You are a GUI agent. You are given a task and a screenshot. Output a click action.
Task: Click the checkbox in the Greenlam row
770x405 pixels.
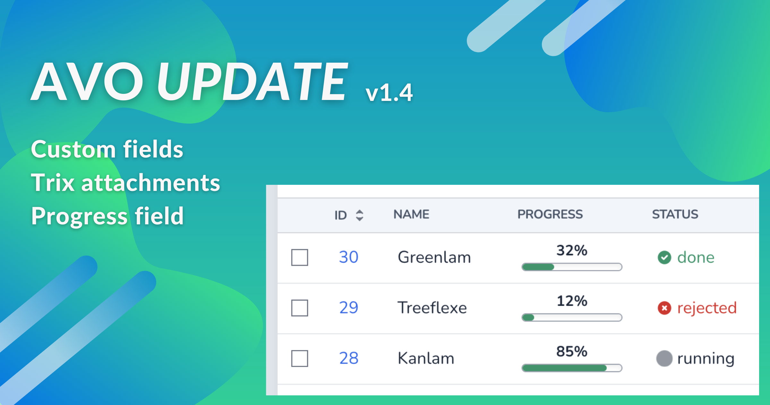300,257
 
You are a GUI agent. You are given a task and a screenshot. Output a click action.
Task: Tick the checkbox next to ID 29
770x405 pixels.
300,308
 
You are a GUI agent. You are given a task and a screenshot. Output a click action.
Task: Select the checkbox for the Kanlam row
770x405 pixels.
300,358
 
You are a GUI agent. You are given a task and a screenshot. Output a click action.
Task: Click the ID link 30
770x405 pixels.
348,257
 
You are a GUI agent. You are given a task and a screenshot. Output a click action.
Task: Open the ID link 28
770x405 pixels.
349,358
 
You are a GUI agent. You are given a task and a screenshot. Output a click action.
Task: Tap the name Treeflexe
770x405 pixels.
432,308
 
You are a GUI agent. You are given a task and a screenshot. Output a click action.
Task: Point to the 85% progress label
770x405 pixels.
572,351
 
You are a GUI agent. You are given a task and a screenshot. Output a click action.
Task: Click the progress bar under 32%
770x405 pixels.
572,267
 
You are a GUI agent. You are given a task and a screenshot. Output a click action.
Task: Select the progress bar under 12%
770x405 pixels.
572,318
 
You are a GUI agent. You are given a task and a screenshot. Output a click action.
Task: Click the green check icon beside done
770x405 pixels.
664,257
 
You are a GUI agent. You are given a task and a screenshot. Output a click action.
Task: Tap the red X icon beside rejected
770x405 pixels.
664,308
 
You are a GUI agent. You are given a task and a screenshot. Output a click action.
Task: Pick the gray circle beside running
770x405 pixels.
664,358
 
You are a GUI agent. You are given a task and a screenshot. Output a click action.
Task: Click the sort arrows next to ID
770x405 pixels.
360,215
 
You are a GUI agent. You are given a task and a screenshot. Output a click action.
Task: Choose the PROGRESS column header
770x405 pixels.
550,214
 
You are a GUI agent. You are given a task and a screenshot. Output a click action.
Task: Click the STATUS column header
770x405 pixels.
675,214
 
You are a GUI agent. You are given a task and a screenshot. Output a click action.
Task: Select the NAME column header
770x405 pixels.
411,214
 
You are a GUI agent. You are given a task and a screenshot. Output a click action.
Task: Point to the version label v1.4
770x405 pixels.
389,93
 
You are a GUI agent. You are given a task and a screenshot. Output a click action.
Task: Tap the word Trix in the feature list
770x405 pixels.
53,182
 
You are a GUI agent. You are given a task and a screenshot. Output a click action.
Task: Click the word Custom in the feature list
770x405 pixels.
73,149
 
